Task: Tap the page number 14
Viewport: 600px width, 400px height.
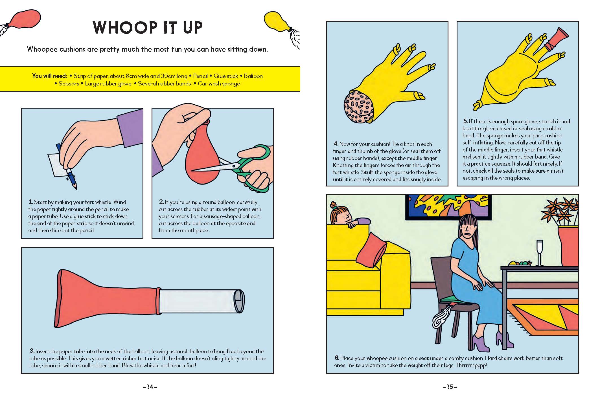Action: [150, 387]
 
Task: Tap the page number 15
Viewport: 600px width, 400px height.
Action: [450, 387]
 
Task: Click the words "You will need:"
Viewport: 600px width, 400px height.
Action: [49, 76]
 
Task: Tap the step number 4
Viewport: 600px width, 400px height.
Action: [336, 144]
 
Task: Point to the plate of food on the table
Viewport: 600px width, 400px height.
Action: [520, 264]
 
